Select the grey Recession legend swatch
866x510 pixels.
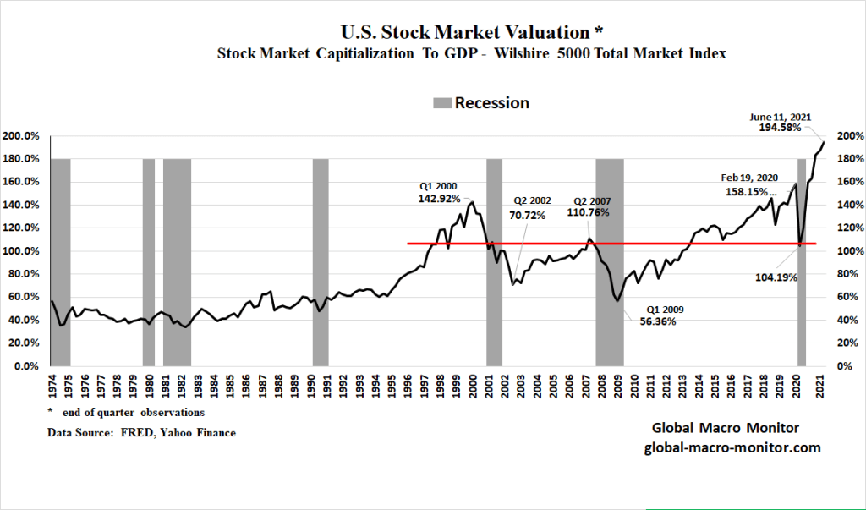click(x=442, y=103)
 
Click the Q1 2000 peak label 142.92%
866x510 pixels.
click(x=439, y=199)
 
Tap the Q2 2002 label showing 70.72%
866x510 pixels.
click(x=529, y=215)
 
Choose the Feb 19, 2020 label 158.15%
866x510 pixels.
click(x=748, y=191)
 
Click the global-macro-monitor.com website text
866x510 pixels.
click(x=728, y=448)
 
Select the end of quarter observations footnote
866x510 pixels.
click(x=127, y=413)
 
